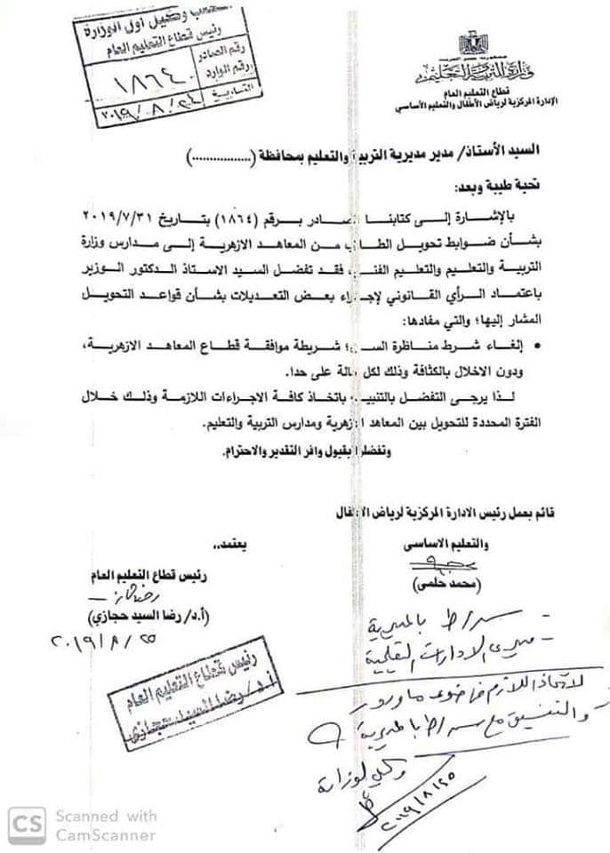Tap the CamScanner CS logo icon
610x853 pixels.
(x=28, y=824)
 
